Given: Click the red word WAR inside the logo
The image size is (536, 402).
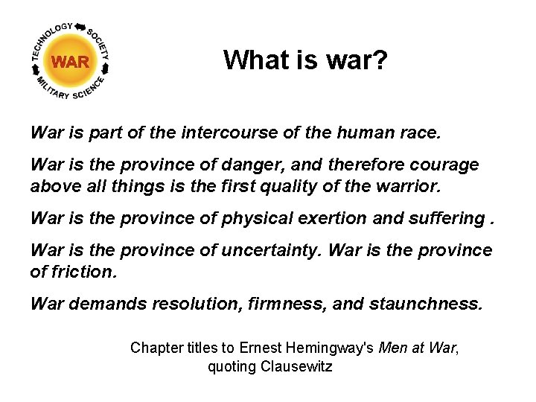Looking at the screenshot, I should click(x=71, y=62).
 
